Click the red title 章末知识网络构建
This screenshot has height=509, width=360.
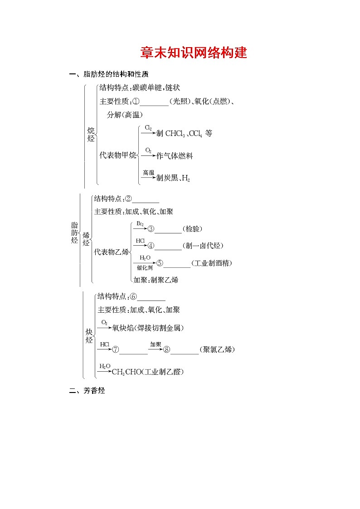(x=194, y=53)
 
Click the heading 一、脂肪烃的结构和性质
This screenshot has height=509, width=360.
(x=109, y=74)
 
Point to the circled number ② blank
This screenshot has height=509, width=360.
(x=128, y=199)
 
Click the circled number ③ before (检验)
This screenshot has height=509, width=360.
(x=151, y=229)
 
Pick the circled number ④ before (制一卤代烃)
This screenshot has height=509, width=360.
(x=151, y=246)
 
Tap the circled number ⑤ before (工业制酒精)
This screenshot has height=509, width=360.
(x=160, y=263)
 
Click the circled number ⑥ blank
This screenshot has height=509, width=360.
(x=133, y=297)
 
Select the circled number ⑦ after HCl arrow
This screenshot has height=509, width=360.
(x=116, y=349)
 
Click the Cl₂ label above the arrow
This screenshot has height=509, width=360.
(x=148, y=128)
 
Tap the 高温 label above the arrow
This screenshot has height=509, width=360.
(x=148, y=173)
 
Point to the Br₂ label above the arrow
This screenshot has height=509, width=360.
(x=140, y=224)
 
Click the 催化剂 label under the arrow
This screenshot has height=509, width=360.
(x=145, y=268)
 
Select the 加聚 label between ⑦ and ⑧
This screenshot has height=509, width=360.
(x=156, y=344)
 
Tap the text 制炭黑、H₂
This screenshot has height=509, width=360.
(x=173, y=179)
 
